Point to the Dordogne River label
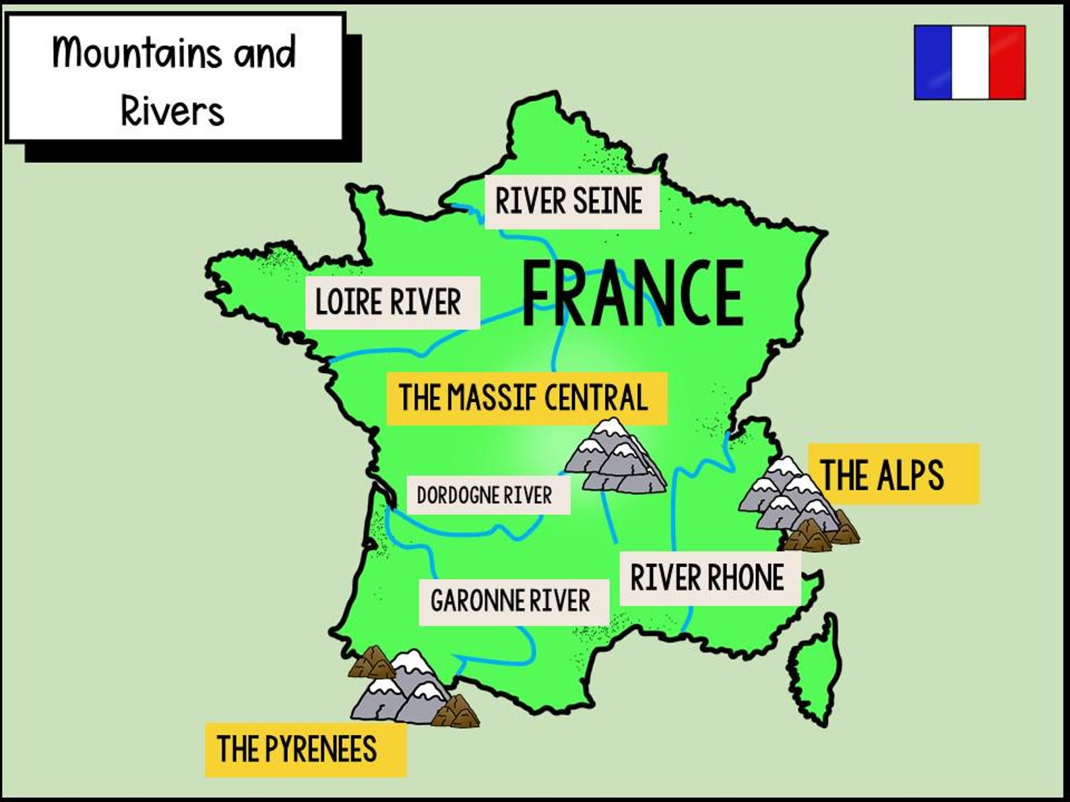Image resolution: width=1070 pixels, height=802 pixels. tap(484, 496)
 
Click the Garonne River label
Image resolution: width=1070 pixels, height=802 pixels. tap(510, 601)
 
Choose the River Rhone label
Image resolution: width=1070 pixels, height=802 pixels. tap(707, 578)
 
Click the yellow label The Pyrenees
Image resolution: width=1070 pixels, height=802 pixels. tap(298, 749)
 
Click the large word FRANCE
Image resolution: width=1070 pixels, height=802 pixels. tap(632, 294)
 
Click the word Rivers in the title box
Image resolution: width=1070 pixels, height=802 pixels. tap(172, 110)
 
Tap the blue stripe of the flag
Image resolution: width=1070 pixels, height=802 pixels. tap(933, 63)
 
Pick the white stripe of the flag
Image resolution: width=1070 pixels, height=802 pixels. tap(970, 63)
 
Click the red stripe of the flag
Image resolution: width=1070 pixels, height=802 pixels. tap(1007, 63)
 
